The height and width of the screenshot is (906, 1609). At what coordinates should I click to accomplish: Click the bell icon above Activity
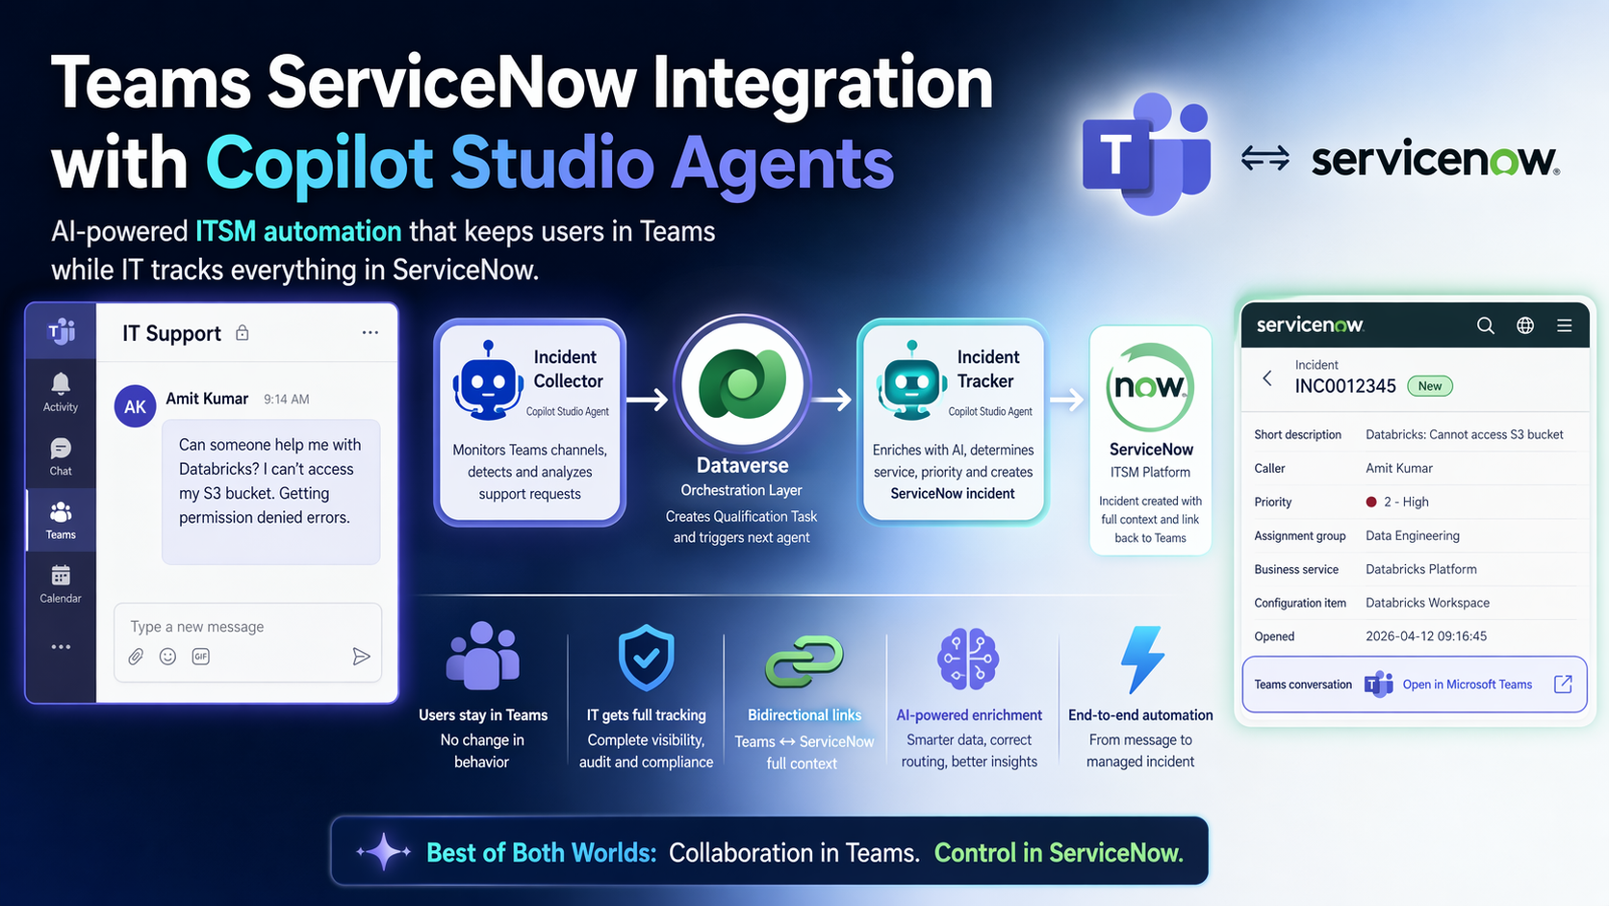pos(61,384)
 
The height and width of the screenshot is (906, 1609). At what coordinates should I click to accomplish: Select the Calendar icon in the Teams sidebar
pos(61,576)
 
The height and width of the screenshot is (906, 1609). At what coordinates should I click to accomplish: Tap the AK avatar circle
pos(135,406)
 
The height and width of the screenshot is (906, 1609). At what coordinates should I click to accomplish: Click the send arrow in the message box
pos(361,656)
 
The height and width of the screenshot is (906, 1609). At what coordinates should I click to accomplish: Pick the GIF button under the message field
pos(201,656)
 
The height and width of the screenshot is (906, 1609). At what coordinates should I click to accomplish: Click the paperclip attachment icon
pos(136,656)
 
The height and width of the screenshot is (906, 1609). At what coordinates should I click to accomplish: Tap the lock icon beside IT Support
pos(243,333)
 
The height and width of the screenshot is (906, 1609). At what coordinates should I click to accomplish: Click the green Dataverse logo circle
pos(742,383)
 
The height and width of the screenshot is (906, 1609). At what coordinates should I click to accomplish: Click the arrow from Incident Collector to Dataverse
pos(648,400)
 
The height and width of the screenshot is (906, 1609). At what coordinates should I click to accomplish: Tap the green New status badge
pos(1429,386)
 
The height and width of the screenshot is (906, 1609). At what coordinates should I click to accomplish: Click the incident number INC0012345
pos(1344,386)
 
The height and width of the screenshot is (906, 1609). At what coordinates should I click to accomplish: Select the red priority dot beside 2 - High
pos(1371,503)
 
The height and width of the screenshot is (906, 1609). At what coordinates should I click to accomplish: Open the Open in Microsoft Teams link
pos(1467,685)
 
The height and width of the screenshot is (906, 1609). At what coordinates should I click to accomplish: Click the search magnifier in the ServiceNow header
pos(1486,325)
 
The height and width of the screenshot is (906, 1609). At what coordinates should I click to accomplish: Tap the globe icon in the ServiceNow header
pos(1525,325)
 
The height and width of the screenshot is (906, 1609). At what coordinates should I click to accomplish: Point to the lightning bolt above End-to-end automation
pos(1141,659)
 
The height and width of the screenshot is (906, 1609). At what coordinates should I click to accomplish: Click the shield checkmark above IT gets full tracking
pos(646,658)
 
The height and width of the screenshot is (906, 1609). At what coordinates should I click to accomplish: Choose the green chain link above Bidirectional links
pos(804,661)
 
